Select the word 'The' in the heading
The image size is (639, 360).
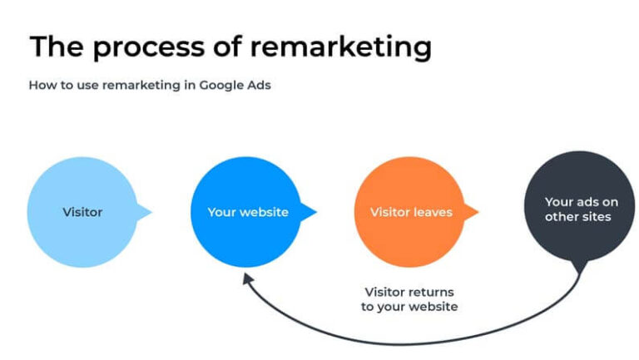tap(58, 47)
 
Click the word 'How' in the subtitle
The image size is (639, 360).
tap(41, 85)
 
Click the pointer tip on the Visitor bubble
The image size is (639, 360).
tap(151, 213)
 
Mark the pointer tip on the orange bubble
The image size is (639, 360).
tap(478, 213)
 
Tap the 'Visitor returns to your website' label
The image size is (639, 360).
tap(410, 299)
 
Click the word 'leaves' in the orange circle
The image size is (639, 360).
tap(433, 212)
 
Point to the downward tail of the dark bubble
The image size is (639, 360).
tap(580, 268)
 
